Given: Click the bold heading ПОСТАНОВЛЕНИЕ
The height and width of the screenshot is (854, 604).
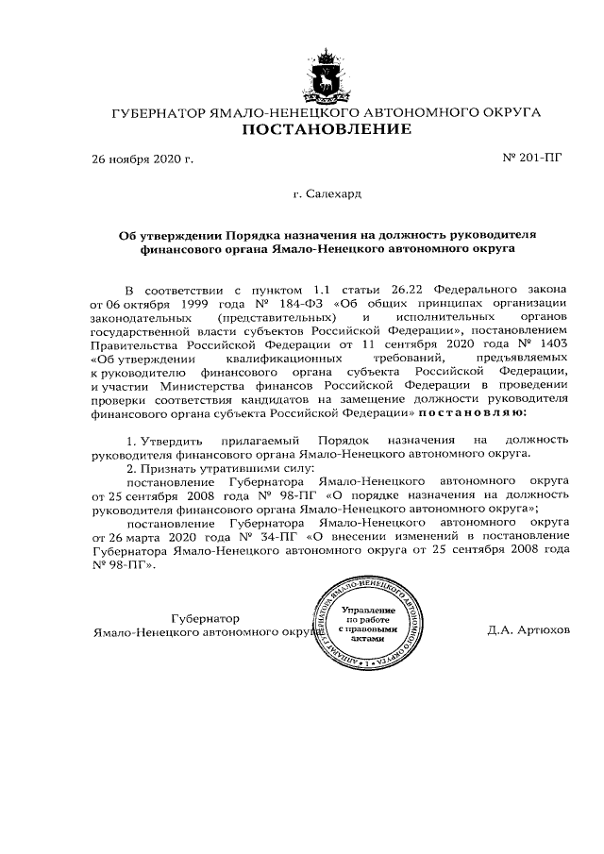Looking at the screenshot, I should pyautogui.click(x=327, y=128).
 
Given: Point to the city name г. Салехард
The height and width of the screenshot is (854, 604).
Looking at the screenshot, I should pyautogui.click(x=327, y=193).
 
